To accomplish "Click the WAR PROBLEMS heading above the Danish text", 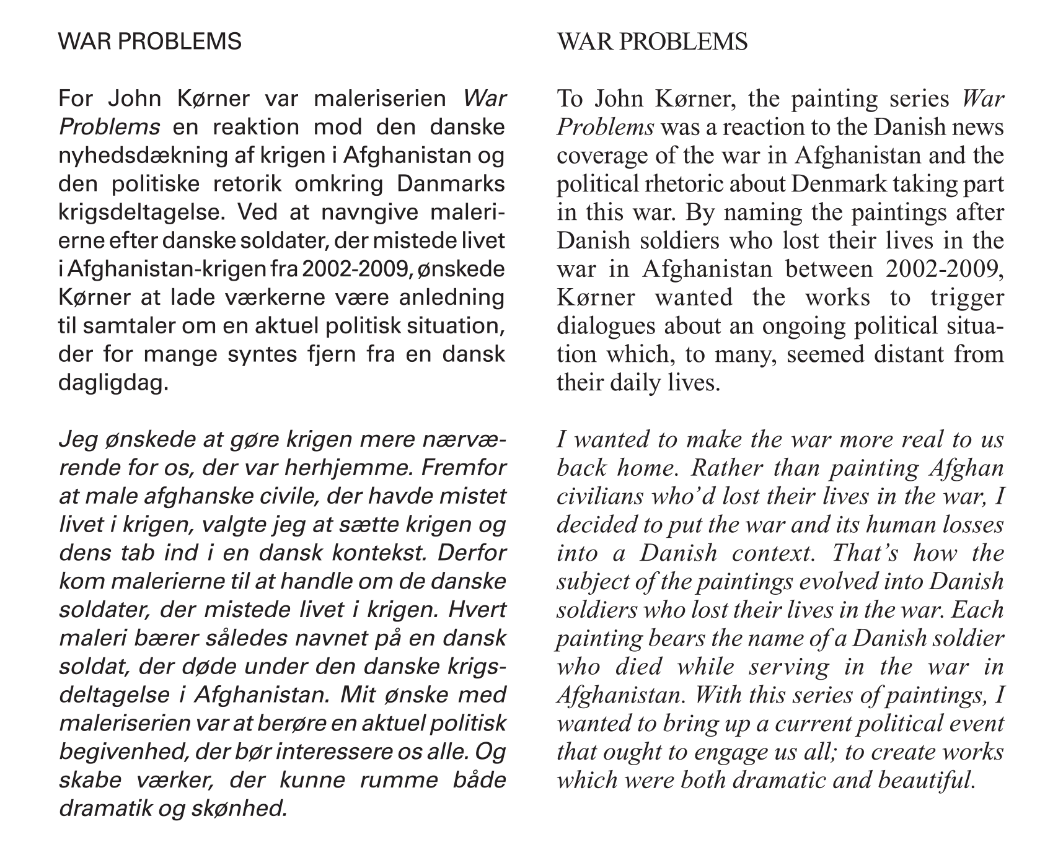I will (x=149, y=42).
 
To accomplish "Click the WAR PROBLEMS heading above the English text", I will (x=652, y=42).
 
